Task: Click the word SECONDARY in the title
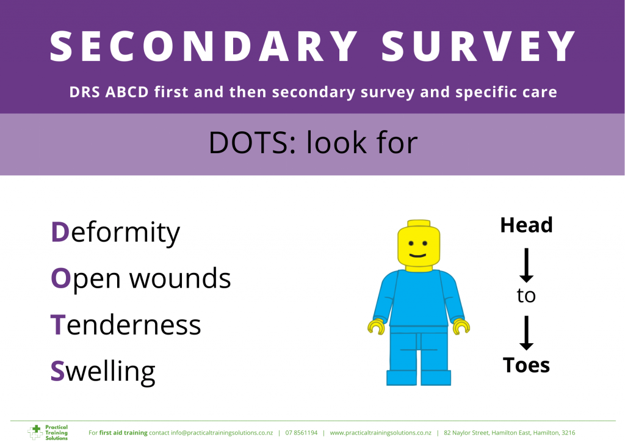203,46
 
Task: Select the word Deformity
115,233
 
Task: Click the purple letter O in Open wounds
60,278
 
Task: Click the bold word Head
526,225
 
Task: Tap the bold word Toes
526,365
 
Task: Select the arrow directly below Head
526,266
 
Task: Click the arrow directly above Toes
526,333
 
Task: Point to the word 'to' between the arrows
526,295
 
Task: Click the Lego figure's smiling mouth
417,255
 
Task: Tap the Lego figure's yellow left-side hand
376,327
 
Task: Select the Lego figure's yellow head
419,245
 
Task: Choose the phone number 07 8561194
302,433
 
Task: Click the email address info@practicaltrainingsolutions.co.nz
222,433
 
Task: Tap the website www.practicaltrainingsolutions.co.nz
381,433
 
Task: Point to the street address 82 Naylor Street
466,433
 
